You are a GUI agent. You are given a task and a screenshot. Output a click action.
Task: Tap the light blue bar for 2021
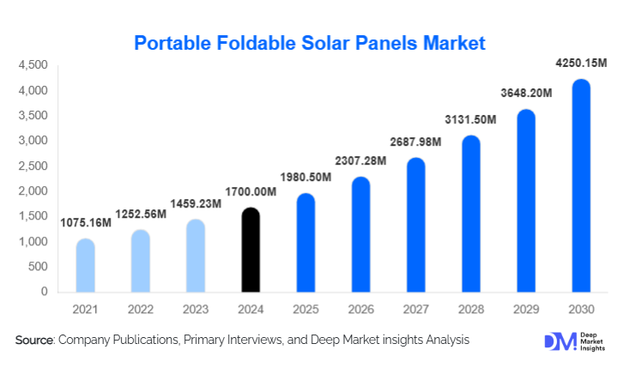[85, 265]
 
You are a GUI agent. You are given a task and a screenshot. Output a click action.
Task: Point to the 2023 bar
[195, 256]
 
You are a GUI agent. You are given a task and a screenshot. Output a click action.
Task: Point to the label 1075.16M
[85, 223]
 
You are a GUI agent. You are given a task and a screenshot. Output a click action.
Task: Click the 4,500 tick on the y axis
[33, 65]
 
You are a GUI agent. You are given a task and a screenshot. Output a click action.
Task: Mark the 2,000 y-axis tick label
[33, 190]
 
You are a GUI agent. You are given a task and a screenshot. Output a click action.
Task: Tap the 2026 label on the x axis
[360, 307]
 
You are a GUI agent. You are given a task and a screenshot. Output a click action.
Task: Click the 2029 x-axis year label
[526, 307]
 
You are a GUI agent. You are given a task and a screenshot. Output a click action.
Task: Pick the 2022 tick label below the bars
[140, 307]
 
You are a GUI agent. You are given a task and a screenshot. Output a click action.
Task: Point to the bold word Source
[34, 341]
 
